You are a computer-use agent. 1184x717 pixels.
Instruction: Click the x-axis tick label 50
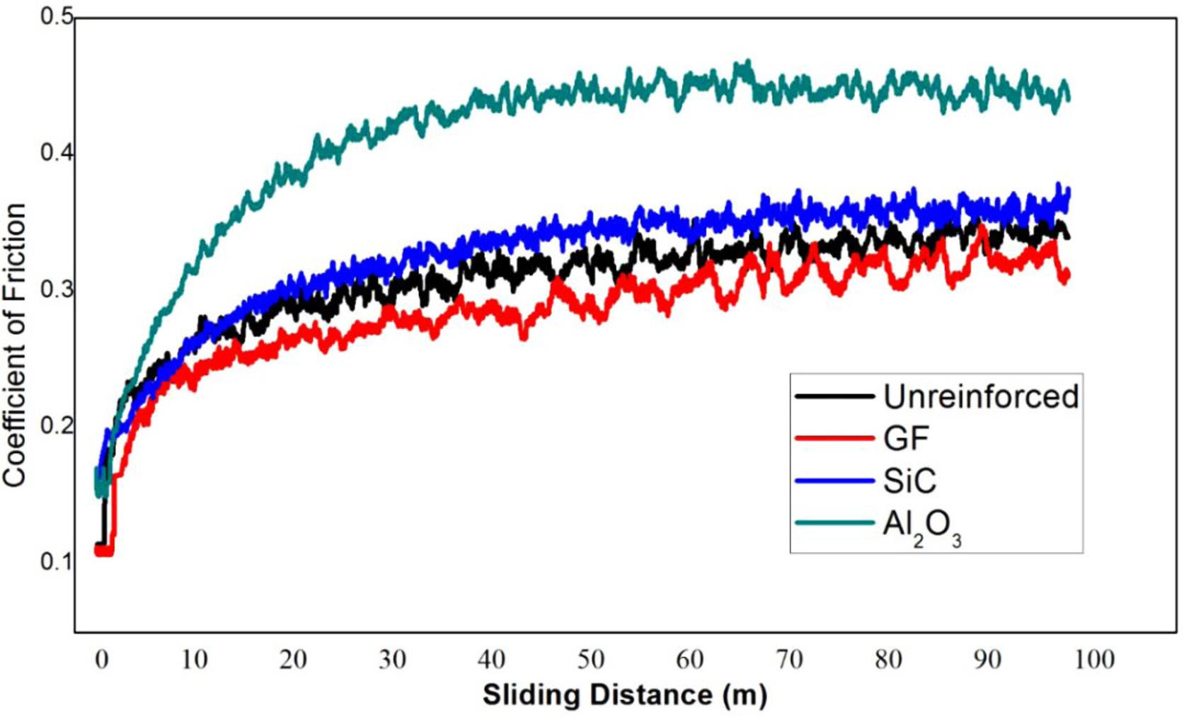[590, 660]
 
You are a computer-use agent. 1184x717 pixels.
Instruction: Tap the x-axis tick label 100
[1094, 660]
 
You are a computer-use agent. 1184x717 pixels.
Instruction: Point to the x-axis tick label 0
[102, 660]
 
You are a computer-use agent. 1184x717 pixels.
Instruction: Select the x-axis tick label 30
[391, 660]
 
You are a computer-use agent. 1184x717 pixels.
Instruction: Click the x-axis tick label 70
[789, 660]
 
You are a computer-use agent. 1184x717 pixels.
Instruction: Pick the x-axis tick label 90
[987, 660]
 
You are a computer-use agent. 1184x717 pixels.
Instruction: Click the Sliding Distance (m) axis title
[624, 695]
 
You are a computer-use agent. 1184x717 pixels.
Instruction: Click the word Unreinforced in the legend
[981, 397]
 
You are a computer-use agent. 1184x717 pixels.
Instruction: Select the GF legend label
[906, 439]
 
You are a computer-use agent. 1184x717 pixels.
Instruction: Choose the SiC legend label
[909, 481]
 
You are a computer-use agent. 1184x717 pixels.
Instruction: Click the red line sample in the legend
[835, 439]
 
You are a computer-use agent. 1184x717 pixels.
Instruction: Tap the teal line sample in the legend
[835, 523]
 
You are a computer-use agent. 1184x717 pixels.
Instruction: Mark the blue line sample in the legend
[835, 481]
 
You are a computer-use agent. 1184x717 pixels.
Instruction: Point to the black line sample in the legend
[835, 397]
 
